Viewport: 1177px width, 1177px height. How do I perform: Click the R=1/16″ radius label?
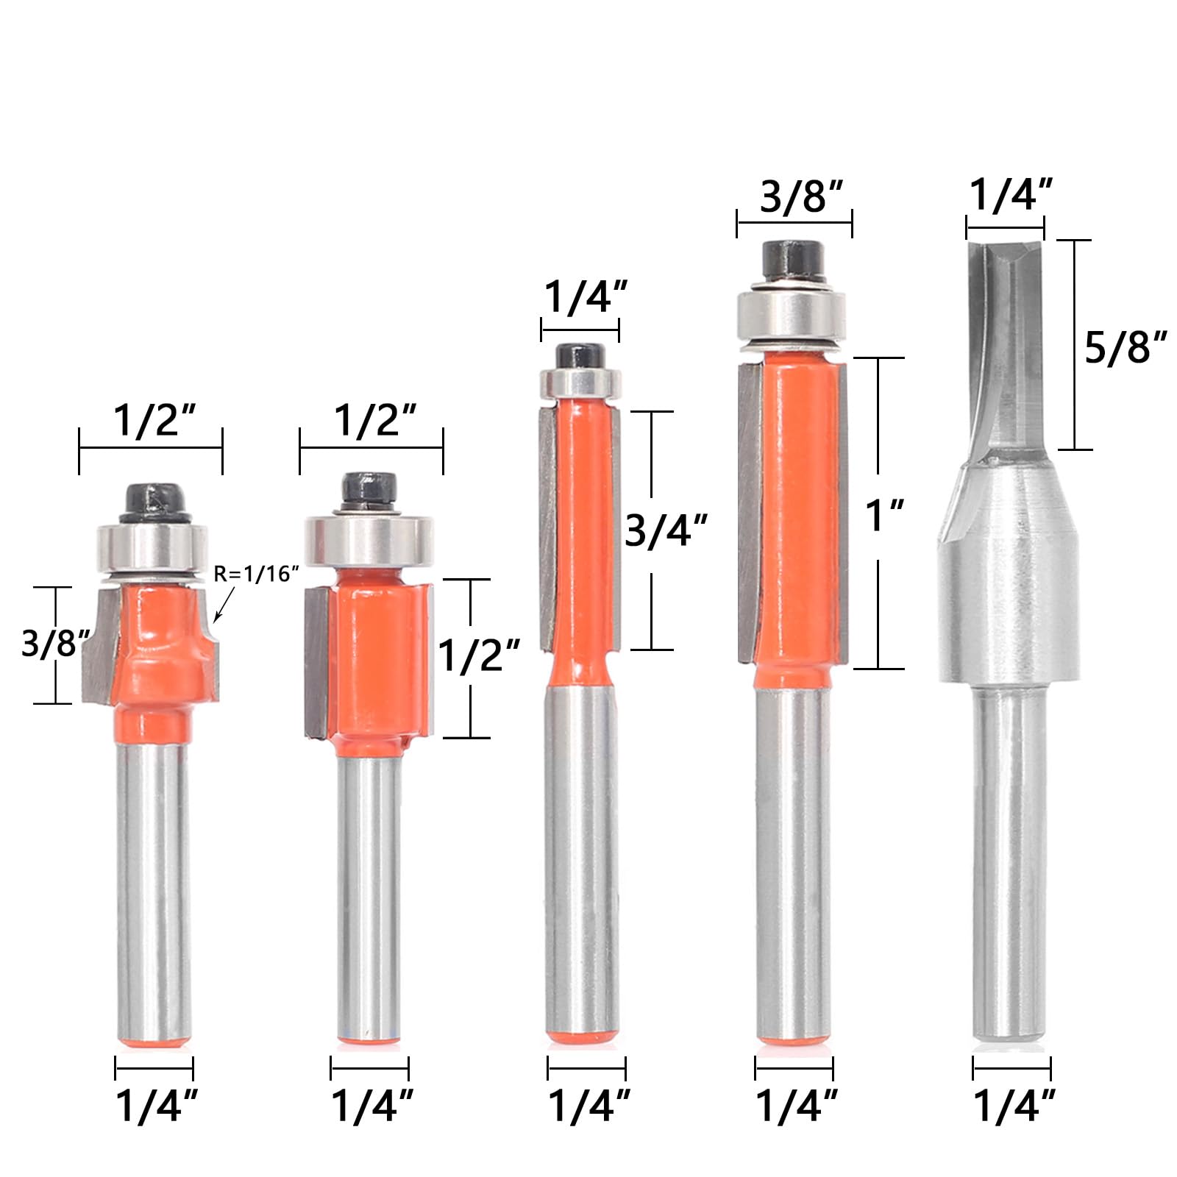(256, 574)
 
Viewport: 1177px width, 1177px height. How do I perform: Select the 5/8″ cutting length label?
(1126, 347)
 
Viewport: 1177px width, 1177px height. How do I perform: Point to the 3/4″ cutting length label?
(666, 530)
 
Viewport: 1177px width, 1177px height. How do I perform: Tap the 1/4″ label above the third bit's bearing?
(586, 297)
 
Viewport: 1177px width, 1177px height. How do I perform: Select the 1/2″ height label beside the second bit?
(479, 655)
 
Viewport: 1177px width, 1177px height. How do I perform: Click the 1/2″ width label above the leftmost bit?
(154, 420)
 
